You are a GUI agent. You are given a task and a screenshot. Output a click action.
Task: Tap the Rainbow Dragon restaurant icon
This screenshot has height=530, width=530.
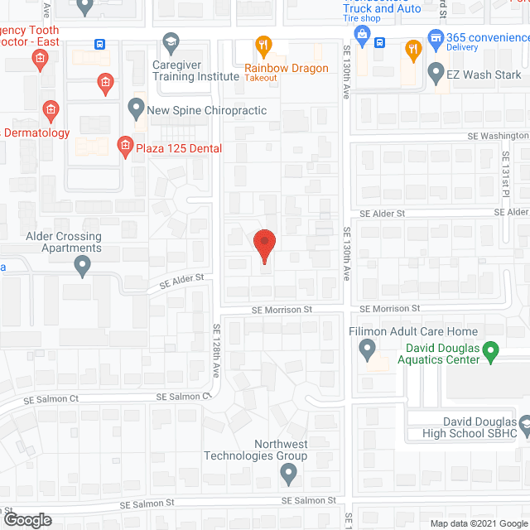263,45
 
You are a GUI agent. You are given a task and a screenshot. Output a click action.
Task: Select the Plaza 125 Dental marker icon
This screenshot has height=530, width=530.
125,147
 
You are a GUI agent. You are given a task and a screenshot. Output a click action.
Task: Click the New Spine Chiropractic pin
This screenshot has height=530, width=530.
136,108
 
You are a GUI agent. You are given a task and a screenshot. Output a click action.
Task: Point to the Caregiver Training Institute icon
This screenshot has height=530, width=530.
171,41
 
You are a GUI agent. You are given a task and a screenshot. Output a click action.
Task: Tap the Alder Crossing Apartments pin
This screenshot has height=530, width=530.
82,265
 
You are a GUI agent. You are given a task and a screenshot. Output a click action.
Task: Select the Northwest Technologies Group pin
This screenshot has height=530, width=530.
288,474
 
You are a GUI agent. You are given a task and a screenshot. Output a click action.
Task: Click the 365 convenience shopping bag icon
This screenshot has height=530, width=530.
433,37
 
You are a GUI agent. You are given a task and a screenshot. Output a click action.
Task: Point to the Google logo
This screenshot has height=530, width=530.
27,520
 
